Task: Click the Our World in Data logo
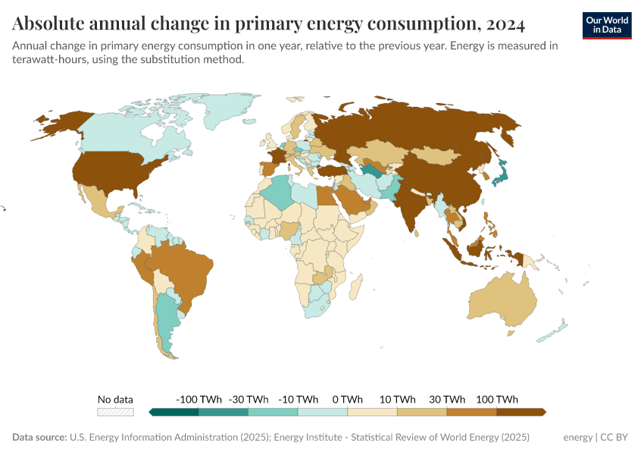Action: pyautogui.click(x=607, y=25)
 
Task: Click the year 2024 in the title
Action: pyautogui.click(x=501, y=24)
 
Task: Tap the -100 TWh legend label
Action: pyautogui.click(x=199, y=400)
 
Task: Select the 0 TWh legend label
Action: pyautogui.click(x=347, y=400)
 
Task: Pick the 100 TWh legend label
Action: pyautogui.click(x=496, y=400)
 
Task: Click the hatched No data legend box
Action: pyautogui.click(x=115, y=412)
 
